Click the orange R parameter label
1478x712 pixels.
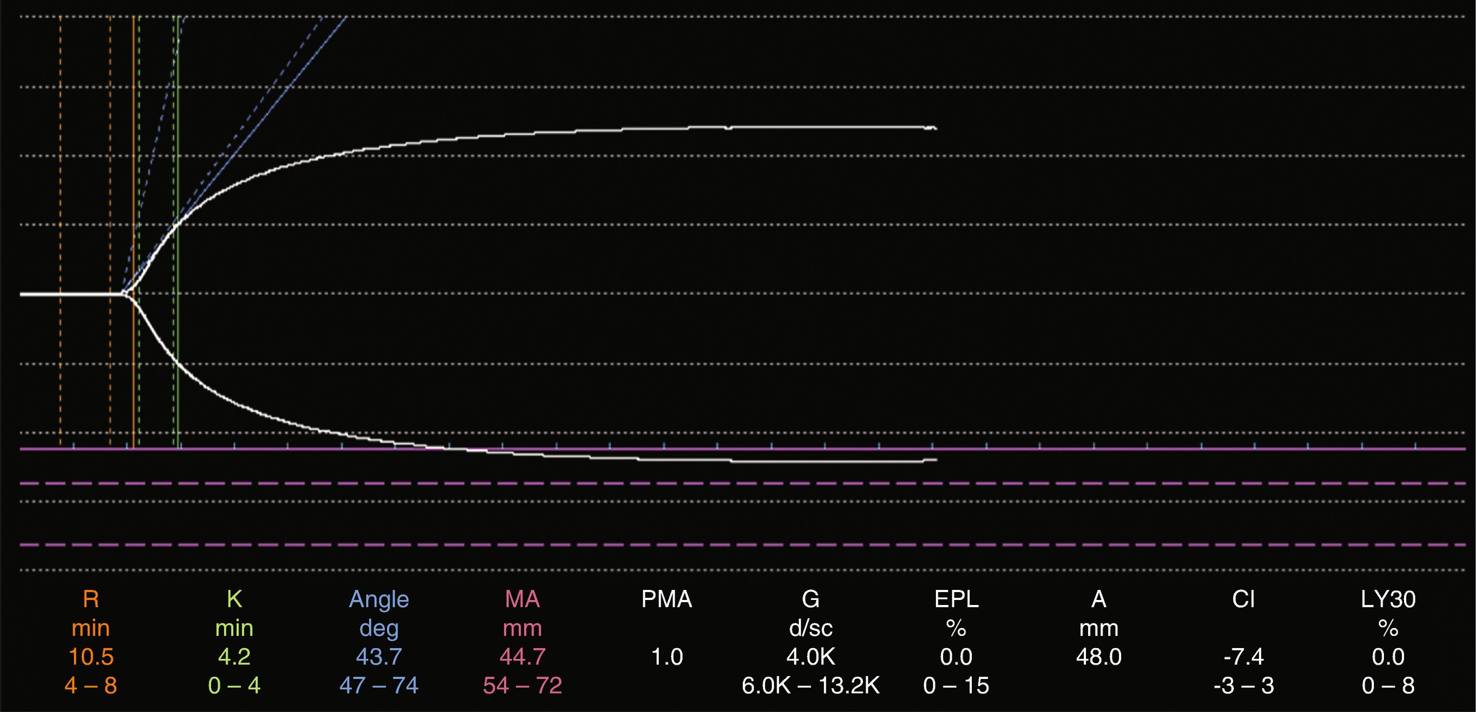point(90,599)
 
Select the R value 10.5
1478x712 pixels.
point(90,657)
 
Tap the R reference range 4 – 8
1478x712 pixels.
point(90,685)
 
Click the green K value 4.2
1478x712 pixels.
point(234,657)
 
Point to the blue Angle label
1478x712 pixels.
point(378,599)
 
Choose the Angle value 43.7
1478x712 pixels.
point(378,657)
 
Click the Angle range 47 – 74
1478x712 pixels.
point(378,685)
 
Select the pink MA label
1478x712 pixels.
point(522,599)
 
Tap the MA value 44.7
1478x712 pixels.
point(522,657)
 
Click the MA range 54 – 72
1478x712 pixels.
point(522,685)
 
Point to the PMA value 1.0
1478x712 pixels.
point(666,657)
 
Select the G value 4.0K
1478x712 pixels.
point(810,657)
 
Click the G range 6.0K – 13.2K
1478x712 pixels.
point(810,685)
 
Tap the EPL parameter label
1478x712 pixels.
point(955,599)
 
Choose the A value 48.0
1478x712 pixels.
point(1098,657)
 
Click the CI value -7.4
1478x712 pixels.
point(1243,657)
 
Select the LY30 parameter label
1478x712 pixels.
point(1388,599)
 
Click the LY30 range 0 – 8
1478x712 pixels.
point(1388,685)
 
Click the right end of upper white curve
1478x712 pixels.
point(935,128)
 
